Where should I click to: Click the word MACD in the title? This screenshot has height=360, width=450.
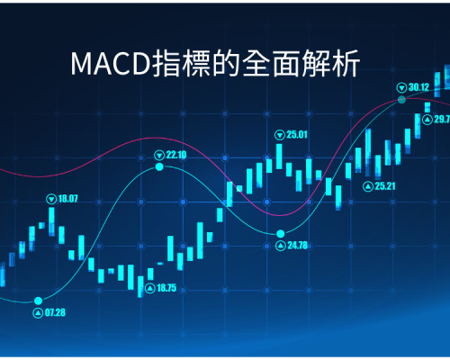[x=111, y=64]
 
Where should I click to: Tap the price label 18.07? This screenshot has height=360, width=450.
[x=67, y=199]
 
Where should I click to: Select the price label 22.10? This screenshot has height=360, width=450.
[x=176, y=155]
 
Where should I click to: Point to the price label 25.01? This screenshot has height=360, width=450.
[x=297, y=135]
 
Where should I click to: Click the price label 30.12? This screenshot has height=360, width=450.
[x=419, y=87]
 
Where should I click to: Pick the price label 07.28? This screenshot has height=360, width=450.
[x=55, y=313]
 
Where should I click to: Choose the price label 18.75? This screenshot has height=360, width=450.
[x=166, y=288]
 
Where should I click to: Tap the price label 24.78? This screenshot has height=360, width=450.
[x=298, y=246]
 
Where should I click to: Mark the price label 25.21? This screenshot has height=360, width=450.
[x=385, y=186]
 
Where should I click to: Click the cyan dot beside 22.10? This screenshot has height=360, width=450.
[x=159, y=166]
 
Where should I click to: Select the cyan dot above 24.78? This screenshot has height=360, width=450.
[x=281, y=233]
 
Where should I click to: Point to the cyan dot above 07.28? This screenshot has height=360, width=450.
[x=38, y=301]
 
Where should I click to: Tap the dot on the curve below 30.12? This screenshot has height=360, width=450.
[x=401, y=100]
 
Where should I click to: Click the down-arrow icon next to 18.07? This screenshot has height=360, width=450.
[x=51, y=199]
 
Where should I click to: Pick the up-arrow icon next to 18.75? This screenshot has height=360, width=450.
[x=150, y=289]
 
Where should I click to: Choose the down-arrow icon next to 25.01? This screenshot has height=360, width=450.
[x=280, y=135]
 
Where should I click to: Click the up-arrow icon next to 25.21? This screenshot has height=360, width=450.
[x=368, y=186]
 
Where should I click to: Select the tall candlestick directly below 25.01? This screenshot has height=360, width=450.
[x=279, y=157]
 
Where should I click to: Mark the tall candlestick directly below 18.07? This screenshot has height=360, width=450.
[x=51, y=221]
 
